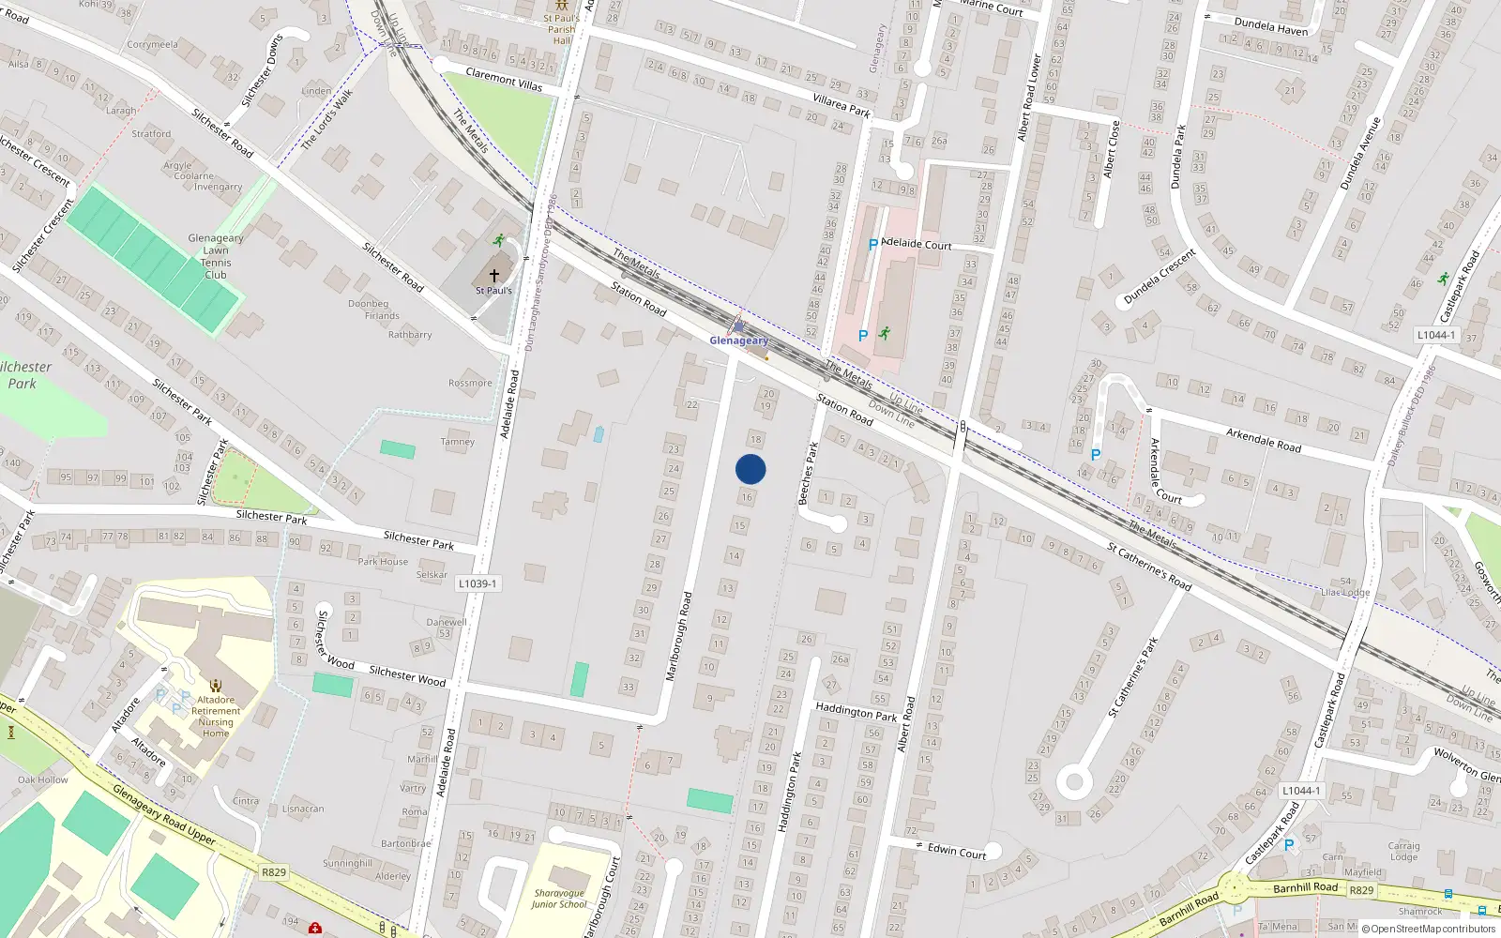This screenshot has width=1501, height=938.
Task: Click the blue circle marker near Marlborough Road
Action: click(750, 469)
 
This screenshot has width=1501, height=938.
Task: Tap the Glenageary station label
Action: click(738, 340)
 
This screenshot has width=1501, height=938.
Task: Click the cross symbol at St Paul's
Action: click(494, 276)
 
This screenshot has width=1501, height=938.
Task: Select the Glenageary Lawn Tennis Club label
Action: click(216, 256)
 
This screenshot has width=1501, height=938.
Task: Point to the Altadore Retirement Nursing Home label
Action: click(216, 717)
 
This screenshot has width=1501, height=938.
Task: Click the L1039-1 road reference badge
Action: click(478, 583)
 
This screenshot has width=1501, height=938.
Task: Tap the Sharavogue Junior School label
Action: click(559, 899)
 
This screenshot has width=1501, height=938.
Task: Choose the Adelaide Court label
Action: click(917, 244)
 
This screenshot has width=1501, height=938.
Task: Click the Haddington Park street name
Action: click(856, 712)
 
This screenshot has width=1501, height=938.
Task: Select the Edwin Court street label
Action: click(957, 851)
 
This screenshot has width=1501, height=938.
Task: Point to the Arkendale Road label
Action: click(1264, 440)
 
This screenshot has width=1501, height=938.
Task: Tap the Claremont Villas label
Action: click(504, 79)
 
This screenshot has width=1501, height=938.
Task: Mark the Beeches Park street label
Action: click(808, 474)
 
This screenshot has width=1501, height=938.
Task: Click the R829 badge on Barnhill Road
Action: click(1361, 890)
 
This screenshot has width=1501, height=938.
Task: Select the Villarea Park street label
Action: click(841, 105)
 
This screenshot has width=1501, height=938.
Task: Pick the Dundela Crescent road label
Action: click(1160, 277)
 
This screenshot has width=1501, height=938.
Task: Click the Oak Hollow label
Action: click(42, 779)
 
